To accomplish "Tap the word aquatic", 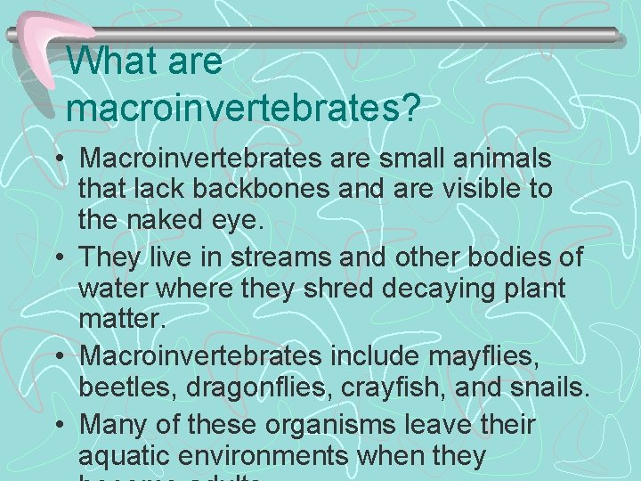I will pos(126,456).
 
